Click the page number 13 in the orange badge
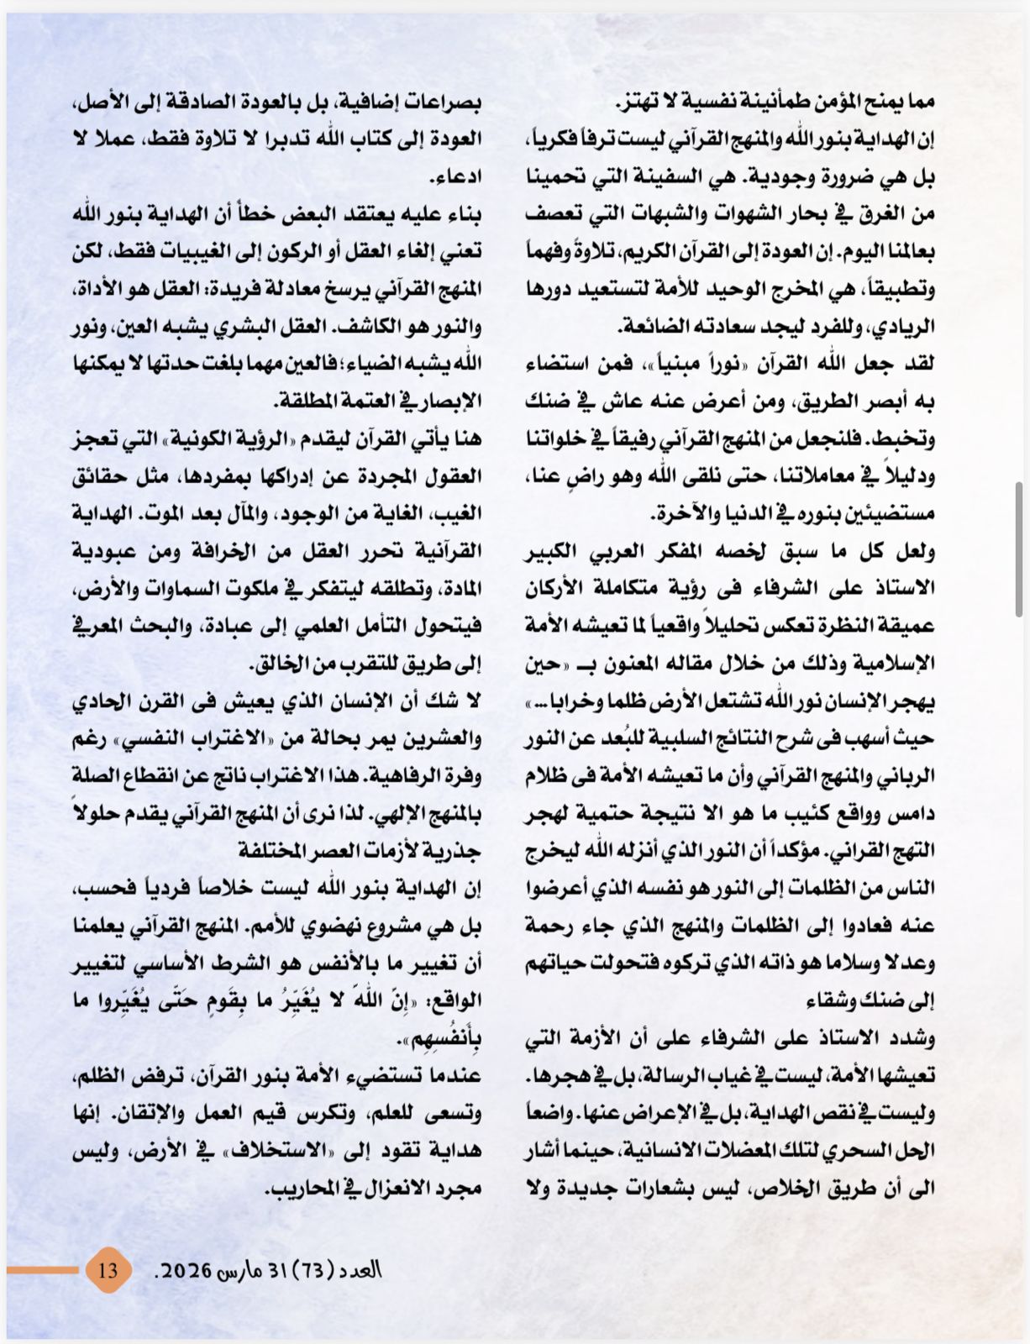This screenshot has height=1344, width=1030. point(108,1269)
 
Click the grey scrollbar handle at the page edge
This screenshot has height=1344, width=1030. point(1019,550)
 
